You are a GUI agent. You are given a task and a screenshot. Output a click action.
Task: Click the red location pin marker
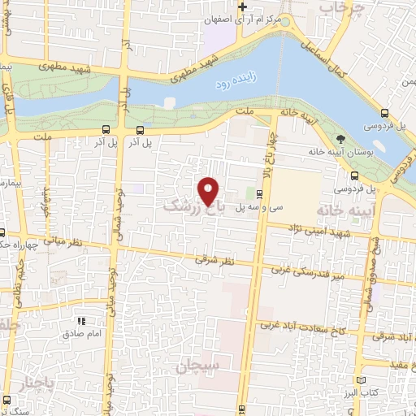210,190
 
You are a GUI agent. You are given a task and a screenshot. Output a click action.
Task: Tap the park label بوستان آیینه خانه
336,152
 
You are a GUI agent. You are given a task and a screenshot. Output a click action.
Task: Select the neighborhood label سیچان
196,367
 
